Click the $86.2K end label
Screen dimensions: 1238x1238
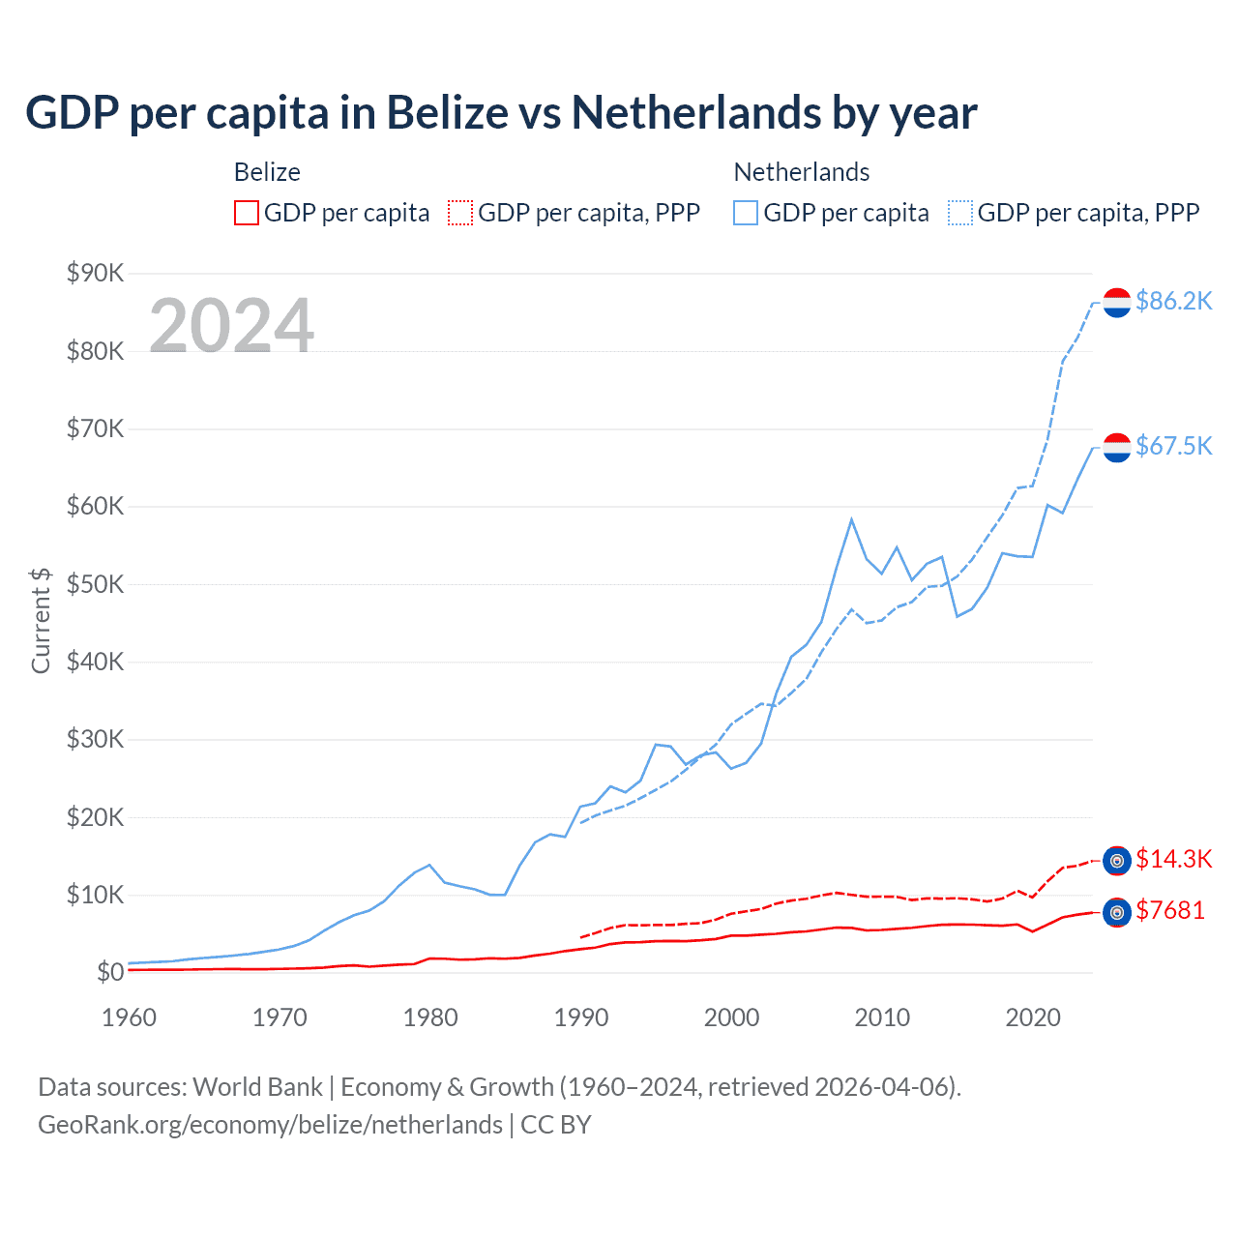[x=1173, y=301]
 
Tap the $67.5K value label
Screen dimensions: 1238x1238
[x=1173, y=445]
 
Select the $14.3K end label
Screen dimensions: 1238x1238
[x=1173, y=859]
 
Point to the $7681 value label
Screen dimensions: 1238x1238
[x=1170, y=910]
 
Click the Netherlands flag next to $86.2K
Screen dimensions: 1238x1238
[x=1117, y=303]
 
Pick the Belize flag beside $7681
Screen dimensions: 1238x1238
[x=1117, y=912]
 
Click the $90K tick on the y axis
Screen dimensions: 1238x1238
[x=95, y=273]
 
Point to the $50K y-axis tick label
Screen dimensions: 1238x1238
[x=95, y=584]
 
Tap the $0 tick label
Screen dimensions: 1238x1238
[x=110, y=972]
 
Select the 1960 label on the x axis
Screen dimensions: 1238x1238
[x=129, y=1017]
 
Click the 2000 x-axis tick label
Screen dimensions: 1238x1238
[x=731, y=1017]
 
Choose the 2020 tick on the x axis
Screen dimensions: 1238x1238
[x=1033, y=1017]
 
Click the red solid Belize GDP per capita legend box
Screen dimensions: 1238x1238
[x=247, y=213]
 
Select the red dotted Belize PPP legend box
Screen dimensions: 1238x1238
[x=460, y=213]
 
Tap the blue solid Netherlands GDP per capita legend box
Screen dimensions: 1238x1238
[x=746, y=213]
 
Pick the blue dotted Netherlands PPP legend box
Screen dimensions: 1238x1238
[x=960, y=213]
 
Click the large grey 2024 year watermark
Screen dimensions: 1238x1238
[x=231, y=325]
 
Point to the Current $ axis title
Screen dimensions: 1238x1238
[x=41, y=620]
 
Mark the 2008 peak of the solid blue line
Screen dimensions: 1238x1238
[x=851, y=519]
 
